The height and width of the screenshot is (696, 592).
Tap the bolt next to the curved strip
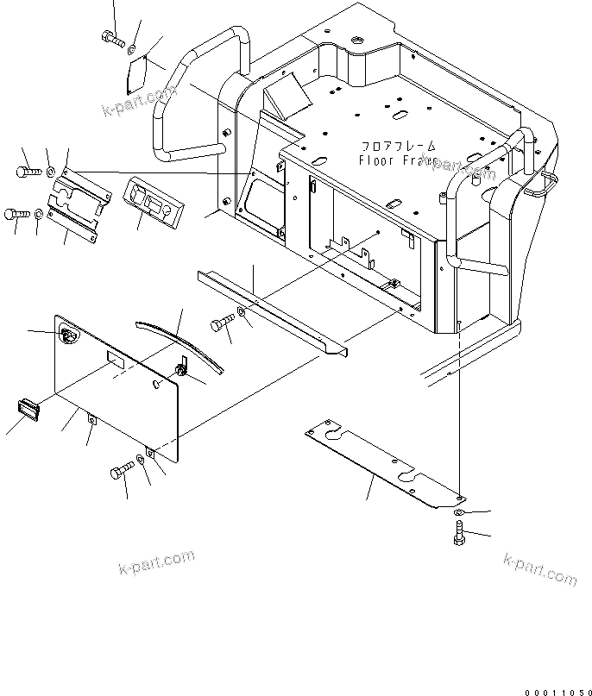pos(221,326)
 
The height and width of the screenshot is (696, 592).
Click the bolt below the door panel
pos(121,471)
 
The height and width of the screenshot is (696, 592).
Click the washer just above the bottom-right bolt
pos(459,513)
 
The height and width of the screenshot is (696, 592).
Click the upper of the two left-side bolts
pos(27,172)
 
